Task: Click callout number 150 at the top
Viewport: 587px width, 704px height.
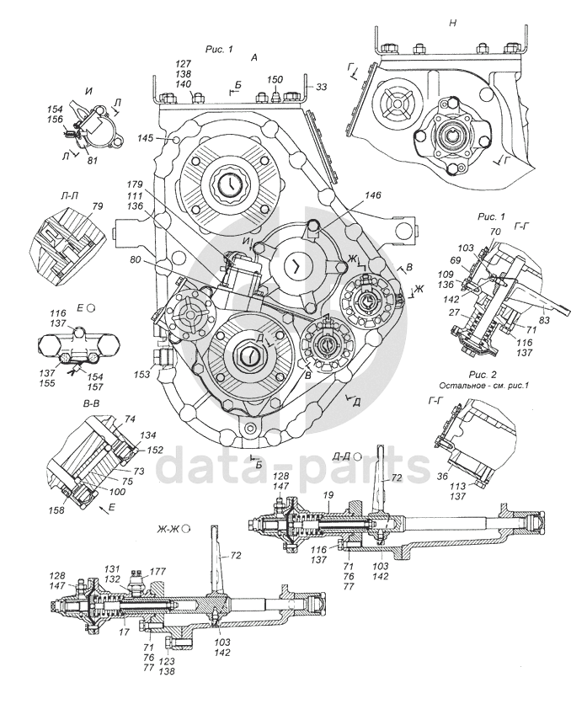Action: pyautogui.click(x=275, y=79)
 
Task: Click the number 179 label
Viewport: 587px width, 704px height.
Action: pyautogui.click(x=135, y=184)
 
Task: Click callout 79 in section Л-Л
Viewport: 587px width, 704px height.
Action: pyautogui.click(x=98, y=206)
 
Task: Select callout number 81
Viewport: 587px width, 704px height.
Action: pyautogui.click(x=92, y=160)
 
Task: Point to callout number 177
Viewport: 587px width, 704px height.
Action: pyautogui.click(x=157, y=572)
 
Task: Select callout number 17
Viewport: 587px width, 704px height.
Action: pyautogui.click(x=125, y=633)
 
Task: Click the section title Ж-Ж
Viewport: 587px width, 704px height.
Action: pyautogui.click(x=167, y=529)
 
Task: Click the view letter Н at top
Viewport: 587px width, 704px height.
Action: pyautogui.click(x=453, y=23)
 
